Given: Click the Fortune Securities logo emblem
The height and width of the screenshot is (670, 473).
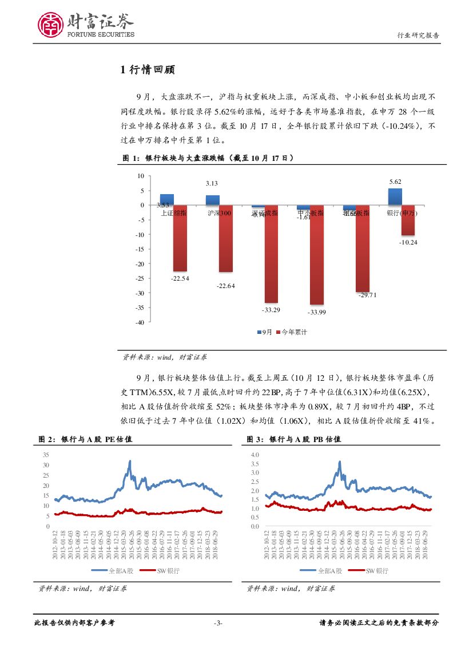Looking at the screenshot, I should click(x=51, y=25).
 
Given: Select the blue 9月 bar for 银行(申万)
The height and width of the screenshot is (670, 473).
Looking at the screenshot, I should click(x=395, y=196).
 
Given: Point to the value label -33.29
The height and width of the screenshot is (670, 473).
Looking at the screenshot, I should click(x=271, y=310).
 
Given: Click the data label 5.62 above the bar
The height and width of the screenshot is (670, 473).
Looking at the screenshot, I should click(x=395, y=182).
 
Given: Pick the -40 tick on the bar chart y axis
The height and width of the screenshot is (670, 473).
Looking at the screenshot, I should click(x=138, y=322).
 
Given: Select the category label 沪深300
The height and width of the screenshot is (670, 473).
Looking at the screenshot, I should click(x=219, y=213).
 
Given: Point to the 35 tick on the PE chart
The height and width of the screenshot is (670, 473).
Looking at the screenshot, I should click(x=46, y=454).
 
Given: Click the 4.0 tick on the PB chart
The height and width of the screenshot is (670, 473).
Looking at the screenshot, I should click(x=255, y=454).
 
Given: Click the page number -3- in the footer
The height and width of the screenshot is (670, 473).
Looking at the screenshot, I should click(x=217, y=623).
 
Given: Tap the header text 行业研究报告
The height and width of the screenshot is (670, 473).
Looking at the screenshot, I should click(x=418, y=35).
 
